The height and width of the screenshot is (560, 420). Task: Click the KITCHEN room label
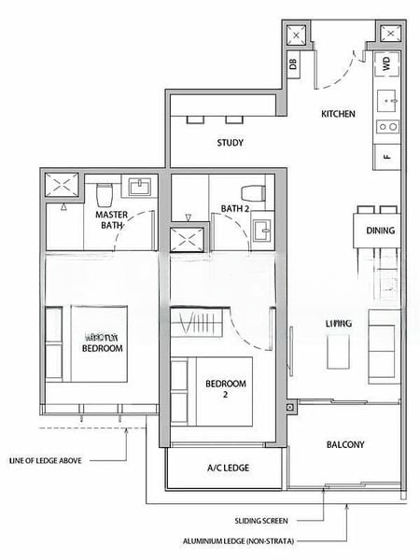click(338, 114)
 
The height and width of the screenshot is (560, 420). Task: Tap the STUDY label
click(231, 143)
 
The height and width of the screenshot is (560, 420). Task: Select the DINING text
click(380, 231)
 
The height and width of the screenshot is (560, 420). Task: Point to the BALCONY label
click(345, 445)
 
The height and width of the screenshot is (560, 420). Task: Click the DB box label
click(292, 64)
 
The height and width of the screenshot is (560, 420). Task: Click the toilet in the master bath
click(105, 193)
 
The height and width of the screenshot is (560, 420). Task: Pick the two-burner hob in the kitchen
click(386, 128)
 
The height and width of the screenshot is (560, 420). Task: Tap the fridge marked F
click(386, 156)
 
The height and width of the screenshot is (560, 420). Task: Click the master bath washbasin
click(141, 186)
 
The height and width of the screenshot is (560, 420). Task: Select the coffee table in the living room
click(336, 351)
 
